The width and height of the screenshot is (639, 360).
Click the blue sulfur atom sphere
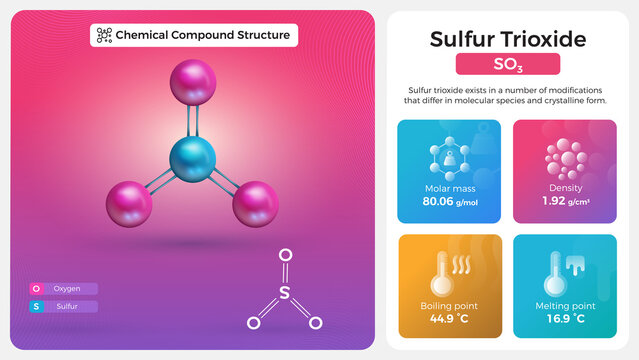pyautogui.click(x=192, y=159)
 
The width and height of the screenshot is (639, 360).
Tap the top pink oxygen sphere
pyautogui.click(x=193, y=82)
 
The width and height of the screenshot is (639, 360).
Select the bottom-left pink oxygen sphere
pyautogui.click(x=129, y=203)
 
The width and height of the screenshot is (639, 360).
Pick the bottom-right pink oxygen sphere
pyautogui.click(x=255, y=203)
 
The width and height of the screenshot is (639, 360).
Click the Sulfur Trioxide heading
pyautogui.click(x=507, y=39)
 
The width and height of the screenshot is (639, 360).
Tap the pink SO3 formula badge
pyautogui.click(x=507, y=66)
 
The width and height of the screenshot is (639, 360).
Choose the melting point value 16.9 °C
pyautogui.click(x=565, y=319)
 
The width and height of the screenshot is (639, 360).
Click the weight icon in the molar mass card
pyautogui.click(x=449, y=158)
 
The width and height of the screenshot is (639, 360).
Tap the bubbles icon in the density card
pyautogui.click(x=565, y=158)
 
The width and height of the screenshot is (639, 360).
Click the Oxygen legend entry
pyautogui.click(x=64, y=289)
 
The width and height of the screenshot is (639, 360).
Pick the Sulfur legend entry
pyautogui.click(x=64, y=306)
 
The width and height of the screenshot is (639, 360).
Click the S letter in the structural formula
pyautogui.click(x=285, y=293)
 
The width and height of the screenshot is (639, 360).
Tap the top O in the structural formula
pyautogui.click(x=285, y=256)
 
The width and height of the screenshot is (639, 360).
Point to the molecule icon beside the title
pyautogui.click(x=103, y=35)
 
